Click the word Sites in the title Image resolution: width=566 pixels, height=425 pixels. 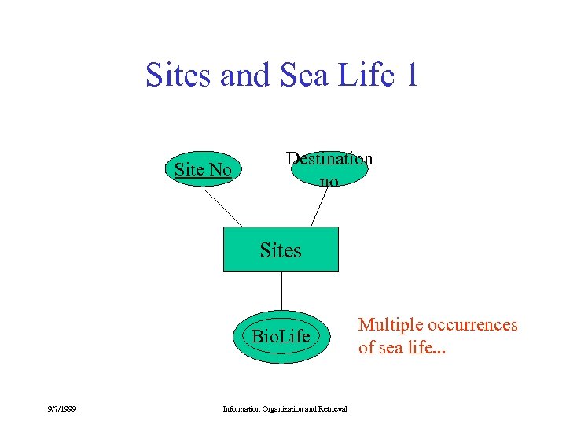tap(178, 76)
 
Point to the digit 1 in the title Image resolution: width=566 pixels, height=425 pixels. tap(411, 76)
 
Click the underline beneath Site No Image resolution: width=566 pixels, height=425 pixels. tap(203, 181)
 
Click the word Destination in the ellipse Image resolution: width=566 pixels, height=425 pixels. tap(329, 158)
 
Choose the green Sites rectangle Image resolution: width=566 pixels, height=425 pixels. tap(281, 249)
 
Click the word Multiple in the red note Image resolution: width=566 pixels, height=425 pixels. tap(391, 325)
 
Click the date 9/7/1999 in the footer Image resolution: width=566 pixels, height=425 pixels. tap(61, 408)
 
